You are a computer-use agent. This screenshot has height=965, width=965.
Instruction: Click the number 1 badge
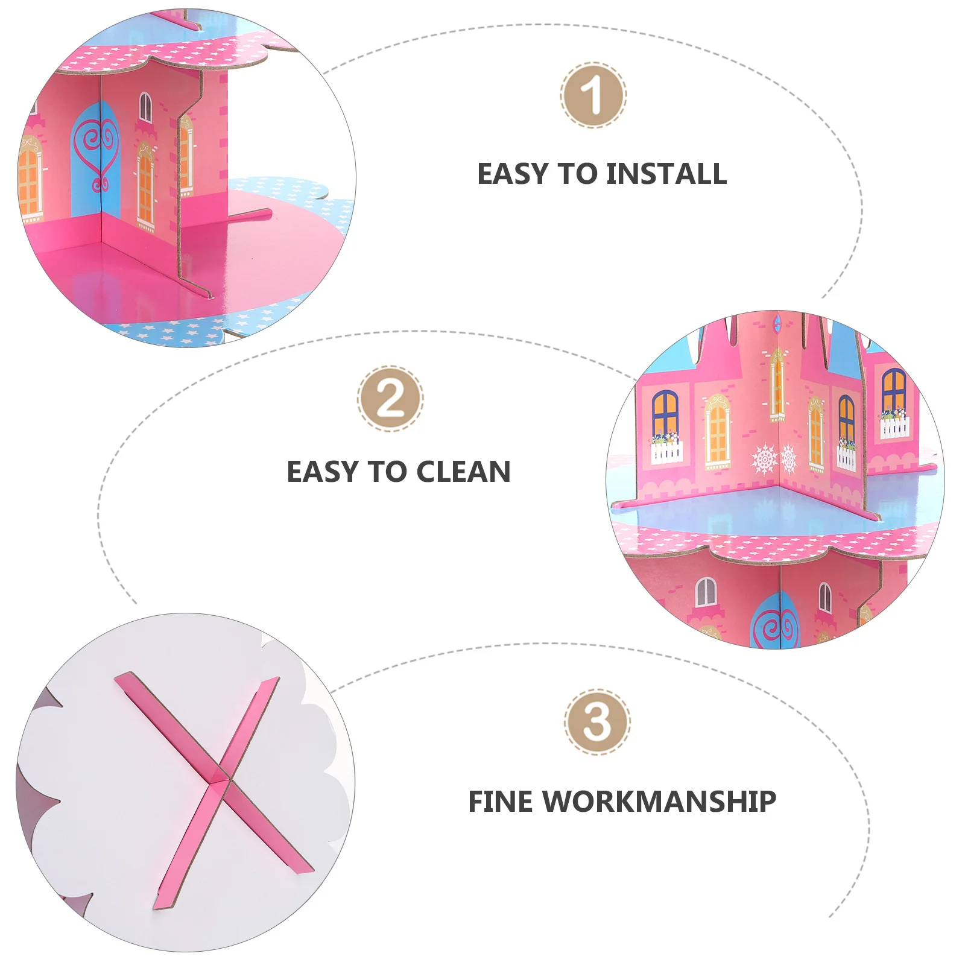point(593,95)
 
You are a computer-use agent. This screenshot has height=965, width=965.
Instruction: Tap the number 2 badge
point(390,398)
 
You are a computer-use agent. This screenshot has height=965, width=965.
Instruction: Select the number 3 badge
point(597,722)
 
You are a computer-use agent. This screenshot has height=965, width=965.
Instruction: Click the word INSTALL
point(666,174)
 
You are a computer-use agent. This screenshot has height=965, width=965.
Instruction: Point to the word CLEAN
point(463,472)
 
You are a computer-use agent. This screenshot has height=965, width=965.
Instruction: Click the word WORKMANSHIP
point(660,802)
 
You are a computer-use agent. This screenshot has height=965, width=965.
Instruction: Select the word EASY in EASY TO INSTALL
point(513,174)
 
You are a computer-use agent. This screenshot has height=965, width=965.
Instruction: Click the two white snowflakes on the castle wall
point(775,459)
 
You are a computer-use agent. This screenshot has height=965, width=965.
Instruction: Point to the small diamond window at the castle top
point(777,324)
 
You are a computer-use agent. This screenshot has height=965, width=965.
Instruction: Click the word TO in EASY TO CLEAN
point(387,472)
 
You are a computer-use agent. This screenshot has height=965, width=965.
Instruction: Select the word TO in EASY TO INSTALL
point(577,174)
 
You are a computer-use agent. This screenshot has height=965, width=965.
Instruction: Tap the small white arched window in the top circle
point(146,107)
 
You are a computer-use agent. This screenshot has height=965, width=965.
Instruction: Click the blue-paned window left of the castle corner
point(665,413)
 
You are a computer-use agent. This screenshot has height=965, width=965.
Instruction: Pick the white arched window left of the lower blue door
point(706,592)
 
